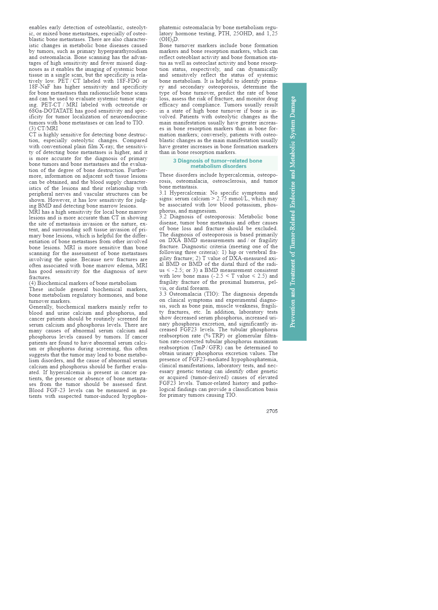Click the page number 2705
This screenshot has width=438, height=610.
click(272, 411)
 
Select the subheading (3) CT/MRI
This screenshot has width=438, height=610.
click(43, 128)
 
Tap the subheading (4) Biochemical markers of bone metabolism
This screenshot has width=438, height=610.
click(83, 283)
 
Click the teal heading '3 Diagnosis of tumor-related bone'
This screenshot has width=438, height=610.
click(218, 161)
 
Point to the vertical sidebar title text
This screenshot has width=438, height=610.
click(293, 211)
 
